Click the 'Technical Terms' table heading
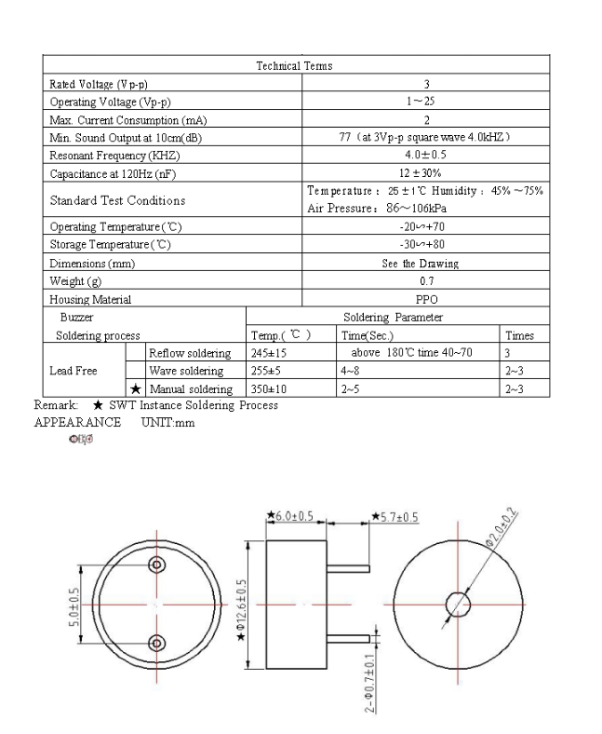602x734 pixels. [x=294, y=66]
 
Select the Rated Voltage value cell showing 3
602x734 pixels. [x=426, y=84]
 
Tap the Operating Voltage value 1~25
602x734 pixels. [x=426, y=102]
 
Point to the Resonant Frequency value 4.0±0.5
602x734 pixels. [x=426, y=155]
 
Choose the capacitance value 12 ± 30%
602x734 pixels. [x=426, y=172]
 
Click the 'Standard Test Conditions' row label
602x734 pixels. [x=117, y=200]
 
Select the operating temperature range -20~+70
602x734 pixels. [x=426, y=227]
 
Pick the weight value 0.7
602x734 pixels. [x=426, y=281]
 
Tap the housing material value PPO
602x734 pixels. [x=426, y=299]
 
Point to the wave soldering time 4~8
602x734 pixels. [x=356, y=371]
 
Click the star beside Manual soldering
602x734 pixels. [x=136, y=388]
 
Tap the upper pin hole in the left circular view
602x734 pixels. [x=156, y=564]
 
